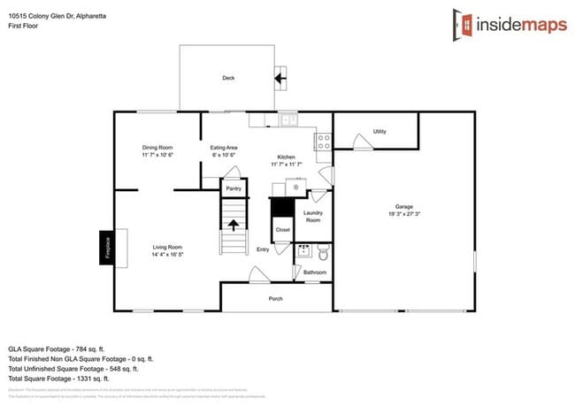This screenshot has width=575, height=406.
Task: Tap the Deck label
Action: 228,78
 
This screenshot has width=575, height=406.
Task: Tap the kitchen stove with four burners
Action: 323,139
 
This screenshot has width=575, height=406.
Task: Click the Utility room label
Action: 379,131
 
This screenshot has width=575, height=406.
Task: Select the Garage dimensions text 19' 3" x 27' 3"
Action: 403,213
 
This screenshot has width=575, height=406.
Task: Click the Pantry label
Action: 234,188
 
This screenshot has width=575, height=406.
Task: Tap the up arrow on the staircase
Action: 234,224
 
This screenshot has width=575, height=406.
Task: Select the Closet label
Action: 282,229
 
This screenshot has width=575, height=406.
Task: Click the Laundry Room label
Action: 313,215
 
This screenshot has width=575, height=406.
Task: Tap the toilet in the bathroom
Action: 322,253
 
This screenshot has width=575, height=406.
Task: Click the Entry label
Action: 263,249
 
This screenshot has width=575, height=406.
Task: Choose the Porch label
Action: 276,298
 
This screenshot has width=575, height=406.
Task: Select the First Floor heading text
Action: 27,27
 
